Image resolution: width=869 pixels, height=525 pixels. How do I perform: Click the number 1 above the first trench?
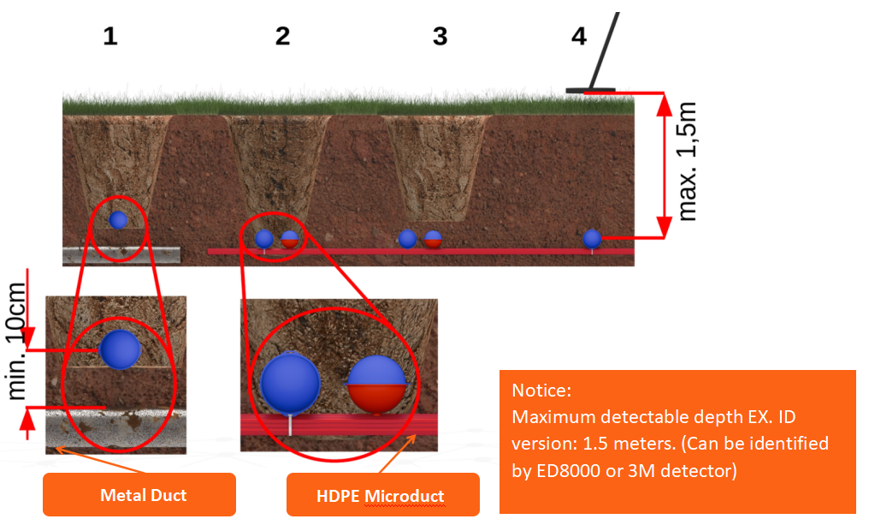109,36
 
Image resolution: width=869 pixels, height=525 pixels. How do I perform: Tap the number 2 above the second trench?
282,36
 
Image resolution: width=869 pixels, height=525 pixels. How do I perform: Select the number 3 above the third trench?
440,36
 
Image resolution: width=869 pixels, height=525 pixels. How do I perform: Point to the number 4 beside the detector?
579,37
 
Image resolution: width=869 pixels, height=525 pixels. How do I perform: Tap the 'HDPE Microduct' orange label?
382,496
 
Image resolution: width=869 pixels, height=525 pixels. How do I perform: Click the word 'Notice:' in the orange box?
541,391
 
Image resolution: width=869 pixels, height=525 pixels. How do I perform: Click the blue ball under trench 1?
118,220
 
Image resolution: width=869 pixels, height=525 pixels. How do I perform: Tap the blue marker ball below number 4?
592,239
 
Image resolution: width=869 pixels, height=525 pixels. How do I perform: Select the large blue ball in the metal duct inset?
120,349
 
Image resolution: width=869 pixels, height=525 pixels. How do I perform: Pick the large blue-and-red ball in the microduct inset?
376,384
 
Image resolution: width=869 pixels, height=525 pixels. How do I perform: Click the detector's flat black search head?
590,90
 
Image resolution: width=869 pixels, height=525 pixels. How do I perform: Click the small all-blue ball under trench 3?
408,238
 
